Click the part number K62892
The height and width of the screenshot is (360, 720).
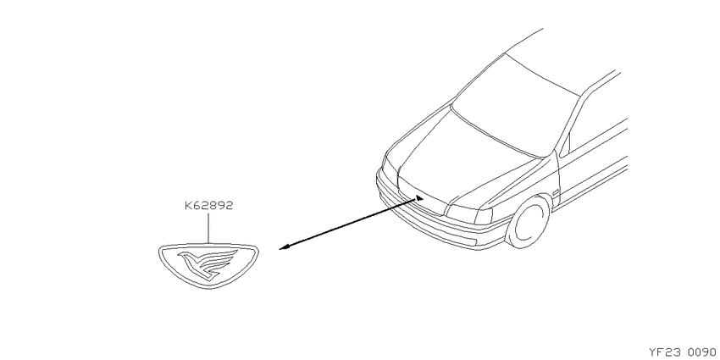(209, 205)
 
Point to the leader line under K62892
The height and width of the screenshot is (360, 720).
(208, 228)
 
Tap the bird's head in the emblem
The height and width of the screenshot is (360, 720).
(185, 256)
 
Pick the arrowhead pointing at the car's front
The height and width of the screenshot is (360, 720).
(418, 198)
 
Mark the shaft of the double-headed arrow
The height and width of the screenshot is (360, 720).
(352, 223)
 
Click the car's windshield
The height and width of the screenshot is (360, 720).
(515, 106)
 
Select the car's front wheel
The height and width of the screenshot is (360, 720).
(528, 222)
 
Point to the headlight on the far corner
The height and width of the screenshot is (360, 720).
(389, 170)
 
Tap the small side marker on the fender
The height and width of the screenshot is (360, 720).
(556, 193)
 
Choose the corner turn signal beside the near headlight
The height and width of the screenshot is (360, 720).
(485, 216)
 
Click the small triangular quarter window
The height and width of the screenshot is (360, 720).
(565, 145)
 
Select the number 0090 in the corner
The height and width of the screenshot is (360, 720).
(702, 352)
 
